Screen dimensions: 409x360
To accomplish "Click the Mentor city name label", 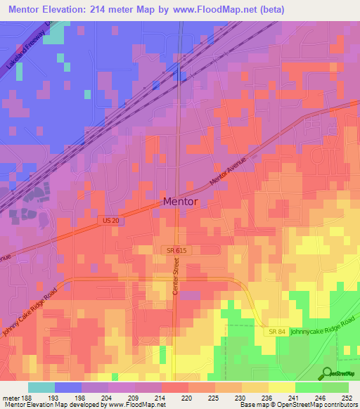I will tap(180, 202).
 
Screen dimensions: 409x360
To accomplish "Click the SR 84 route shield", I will tap(275, 330).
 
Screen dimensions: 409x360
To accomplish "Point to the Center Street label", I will tap(177, 278).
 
